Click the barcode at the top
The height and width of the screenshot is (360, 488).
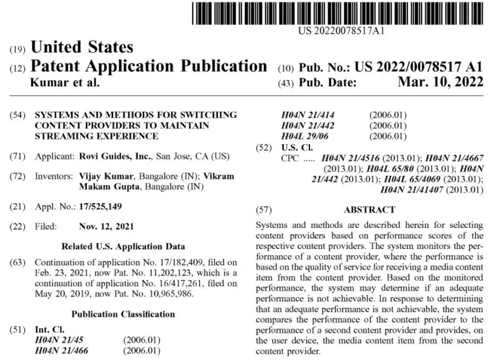341,13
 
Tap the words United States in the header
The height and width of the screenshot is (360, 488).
82,47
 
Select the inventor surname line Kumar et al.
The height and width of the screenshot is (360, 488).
65,83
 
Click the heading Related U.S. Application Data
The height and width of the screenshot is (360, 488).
123,246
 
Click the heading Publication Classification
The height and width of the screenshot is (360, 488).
123,314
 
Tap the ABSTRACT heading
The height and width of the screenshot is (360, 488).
369,210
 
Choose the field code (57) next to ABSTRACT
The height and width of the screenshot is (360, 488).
263,210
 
